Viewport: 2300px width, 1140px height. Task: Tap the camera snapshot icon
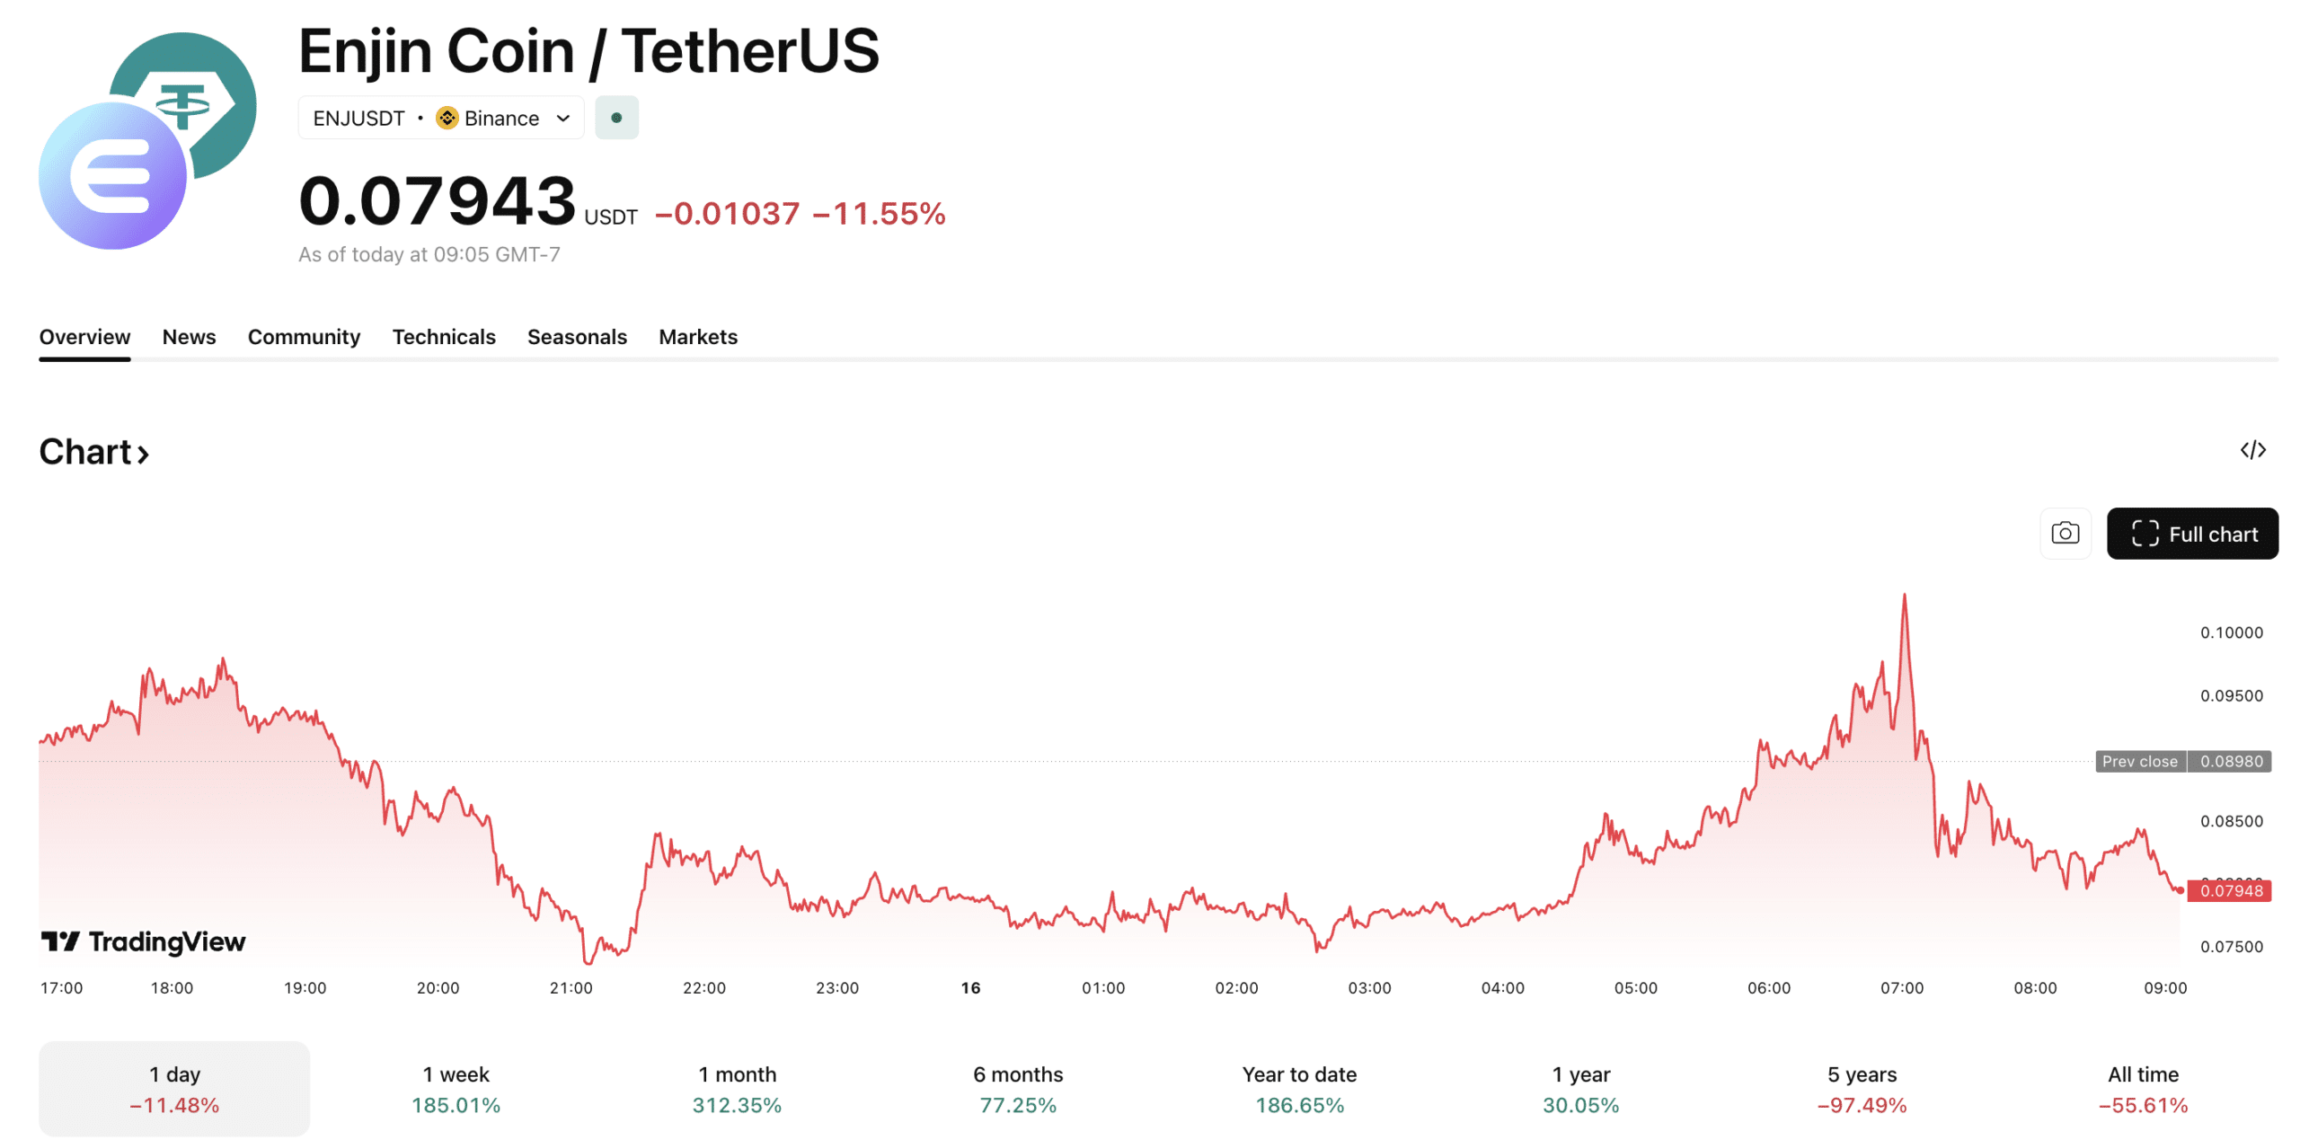[2064, 534]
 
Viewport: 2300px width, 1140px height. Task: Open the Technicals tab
[443, 337]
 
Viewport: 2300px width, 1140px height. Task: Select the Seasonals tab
[576, 337]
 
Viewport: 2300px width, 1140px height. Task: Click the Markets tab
[697, 337]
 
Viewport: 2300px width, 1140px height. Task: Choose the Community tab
[304, 337]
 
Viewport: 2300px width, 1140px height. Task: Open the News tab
[189, 337]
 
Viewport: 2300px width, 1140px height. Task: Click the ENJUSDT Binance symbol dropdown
[440, 118]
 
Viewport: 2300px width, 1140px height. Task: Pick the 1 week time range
[456, 1088]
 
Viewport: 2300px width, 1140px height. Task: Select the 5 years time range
[1861, 1088]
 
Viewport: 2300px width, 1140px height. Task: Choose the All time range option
[2142, 1088]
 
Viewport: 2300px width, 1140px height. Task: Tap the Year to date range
[1298, 1088]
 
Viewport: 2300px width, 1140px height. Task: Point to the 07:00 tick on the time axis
[1901, 987]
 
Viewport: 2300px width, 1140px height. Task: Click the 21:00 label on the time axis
[571, 987]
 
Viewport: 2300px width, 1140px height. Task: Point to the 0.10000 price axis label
[2230, 632]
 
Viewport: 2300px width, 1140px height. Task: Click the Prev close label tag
[2138, 761]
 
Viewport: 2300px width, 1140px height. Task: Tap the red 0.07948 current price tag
[2230, 890]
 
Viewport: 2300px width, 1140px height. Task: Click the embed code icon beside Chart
[2251, 449]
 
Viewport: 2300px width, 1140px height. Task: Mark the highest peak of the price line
[1903, 595]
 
